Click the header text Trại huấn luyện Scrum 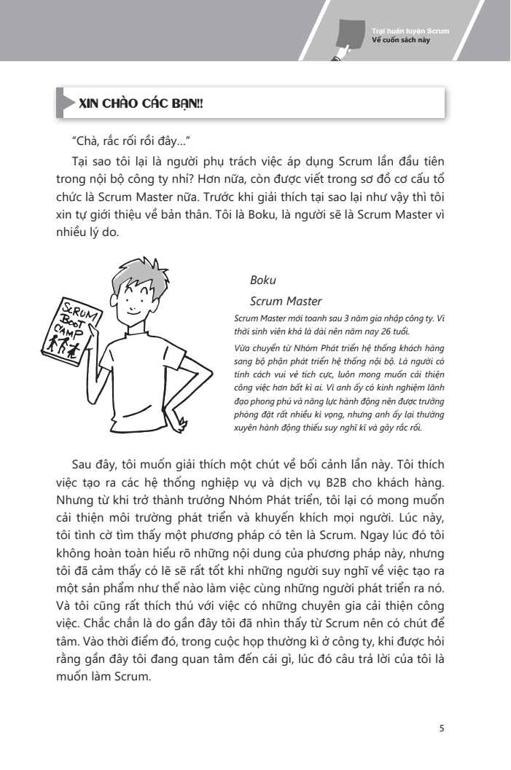[410, 31]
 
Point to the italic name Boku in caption [262, 280]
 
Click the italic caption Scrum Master [286, 301]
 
